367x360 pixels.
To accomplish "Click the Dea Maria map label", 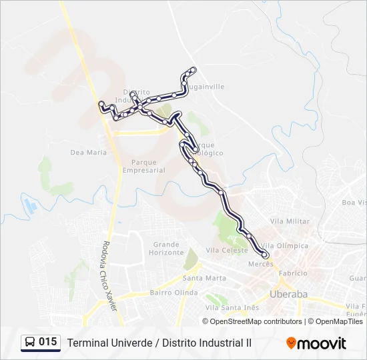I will click(x=88, y=153).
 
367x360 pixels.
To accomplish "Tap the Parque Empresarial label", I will click(x=143, y=166).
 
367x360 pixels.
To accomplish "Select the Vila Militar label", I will click(x=290, y=221).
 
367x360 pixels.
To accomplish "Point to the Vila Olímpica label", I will click(x=284, y=245).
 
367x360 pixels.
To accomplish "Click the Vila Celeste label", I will click(x=227, y=250).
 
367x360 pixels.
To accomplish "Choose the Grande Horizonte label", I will click(x=166, y=248).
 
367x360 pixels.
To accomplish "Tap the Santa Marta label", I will click(x=204, y=278).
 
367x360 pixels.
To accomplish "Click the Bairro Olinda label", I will click(x=174, y=293).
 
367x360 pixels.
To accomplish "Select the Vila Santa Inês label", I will click(x=232, y=307).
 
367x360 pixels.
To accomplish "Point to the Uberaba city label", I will click(x=288, y=294).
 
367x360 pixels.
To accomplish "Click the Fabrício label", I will click(x=293, y=273).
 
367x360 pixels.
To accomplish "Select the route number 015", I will click(x=47, y=342).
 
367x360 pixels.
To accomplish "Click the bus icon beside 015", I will click(x=30, y=343).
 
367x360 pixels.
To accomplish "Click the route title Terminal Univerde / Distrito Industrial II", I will click(x=159, y=343).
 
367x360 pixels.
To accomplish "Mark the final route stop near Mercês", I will click(x=266, y=255).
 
